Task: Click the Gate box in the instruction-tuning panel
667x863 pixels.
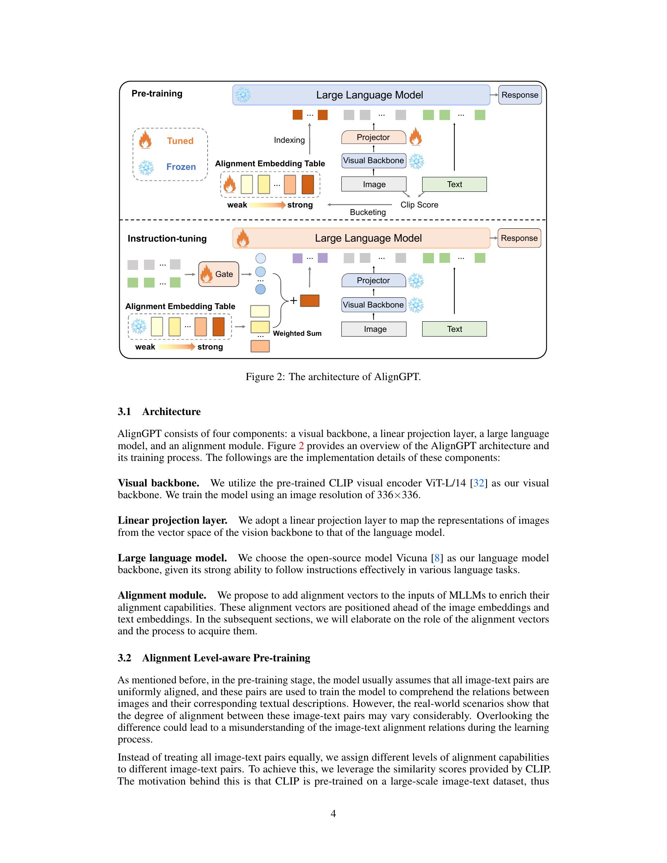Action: (x=219, y=274)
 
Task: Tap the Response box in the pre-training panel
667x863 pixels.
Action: (x=519, y=95)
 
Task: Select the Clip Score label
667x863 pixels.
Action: (x=419, y=205)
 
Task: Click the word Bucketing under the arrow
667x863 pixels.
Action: (x=368, y=212)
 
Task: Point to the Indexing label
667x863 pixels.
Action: (x=289, y=140)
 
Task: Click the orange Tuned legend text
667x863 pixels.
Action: (x=180, y=141)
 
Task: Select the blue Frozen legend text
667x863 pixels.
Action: (x=181, y=167)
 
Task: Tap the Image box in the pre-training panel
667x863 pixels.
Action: (x=374, y=184)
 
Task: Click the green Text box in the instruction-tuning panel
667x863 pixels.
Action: (x=454, y=329)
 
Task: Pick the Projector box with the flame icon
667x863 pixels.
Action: (x=374, y=137)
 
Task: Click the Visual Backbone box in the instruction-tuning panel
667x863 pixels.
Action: (x=374, y=305)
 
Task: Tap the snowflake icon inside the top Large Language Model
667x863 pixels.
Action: (x=243, y=95)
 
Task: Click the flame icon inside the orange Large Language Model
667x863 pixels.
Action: (x=242, y=238)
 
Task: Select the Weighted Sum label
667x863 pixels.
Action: (x=297, y=333)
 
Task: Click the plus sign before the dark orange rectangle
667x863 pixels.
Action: (x=293, y=301)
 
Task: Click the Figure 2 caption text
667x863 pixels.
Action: (x=333, y=377)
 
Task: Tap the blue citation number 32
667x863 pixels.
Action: (x=479, y=483)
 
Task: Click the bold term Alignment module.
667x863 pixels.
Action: (x=162, y=595)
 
